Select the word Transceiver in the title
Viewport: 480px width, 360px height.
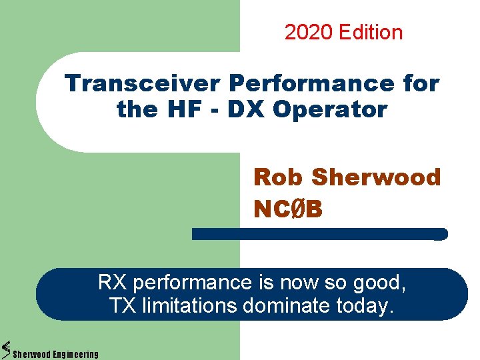[143, 83]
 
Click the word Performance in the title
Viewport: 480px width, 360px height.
[311, 83]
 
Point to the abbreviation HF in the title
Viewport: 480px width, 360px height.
[188, 109]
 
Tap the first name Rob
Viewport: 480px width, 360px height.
[279, 177]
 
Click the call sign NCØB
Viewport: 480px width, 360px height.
[288, 209]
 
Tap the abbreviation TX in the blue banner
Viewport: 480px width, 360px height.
[121, 306]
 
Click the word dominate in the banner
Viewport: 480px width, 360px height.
[288, 306]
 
